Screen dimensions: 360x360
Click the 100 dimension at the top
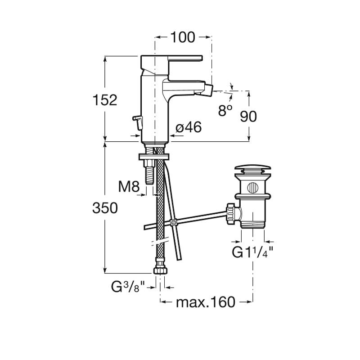point(183,37)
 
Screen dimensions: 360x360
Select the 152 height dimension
point(105,100)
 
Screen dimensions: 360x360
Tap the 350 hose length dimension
point(105,208)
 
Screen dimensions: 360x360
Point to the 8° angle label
point(225,110)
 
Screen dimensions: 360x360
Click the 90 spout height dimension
point(248,116)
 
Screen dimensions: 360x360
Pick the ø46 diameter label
point(189,127)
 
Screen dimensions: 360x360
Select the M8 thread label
point(129,186)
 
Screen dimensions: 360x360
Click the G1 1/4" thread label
point(252,252)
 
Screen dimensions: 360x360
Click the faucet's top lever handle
point(185,58)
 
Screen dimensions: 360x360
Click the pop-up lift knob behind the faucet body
point(138,122)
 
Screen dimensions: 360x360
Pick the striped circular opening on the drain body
point(252,188)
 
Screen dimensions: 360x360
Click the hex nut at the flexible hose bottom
point(160,270)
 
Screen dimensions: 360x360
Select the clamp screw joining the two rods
point(174,222)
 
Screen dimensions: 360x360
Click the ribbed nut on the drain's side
point(230,213)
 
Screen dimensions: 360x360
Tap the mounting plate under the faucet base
point(153,157)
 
